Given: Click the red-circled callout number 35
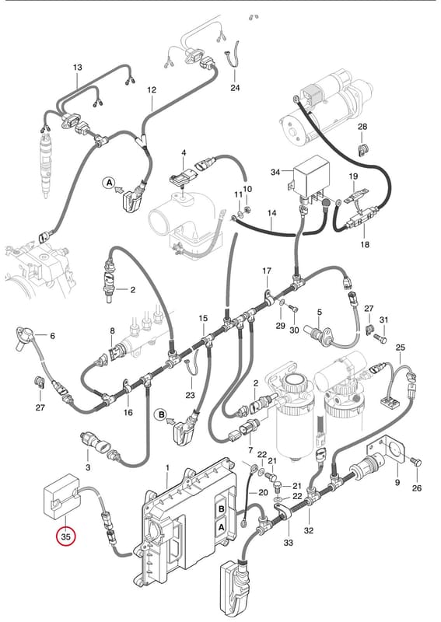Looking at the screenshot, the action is click(x=66, y=536).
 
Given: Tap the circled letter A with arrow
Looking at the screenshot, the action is click(x=108, y=183).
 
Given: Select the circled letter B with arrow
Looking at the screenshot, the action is click(x=161, y=415).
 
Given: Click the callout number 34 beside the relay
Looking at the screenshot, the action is click(x=275, y=172).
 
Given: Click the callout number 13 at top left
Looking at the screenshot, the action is click(x=78, y=68).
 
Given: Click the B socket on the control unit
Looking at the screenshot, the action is click(x=222, y=509).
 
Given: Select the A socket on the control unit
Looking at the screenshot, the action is click(x=222, y=527).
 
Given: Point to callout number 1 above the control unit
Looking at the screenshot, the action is click(x=167, y=468).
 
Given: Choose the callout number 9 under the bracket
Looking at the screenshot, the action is click(x=397, y=483).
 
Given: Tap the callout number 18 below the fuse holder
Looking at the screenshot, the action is click(x=365, y=244).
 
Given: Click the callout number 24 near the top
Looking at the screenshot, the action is click(x=236, y=87).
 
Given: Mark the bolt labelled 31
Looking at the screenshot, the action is click(x=380, y=339).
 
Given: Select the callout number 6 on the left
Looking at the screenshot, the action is click(x=52, y=336).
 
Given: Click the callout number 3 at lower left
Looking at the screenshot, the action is click(x=88, y=467).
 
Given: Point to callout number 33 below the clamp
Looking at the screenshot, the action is click(x=289, y=542).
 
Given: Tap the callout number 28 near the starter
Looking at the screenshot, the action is click(x=362, y=127).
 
